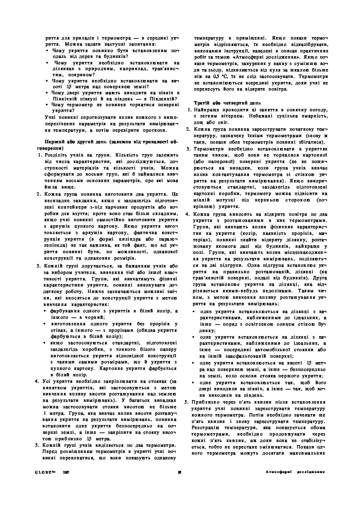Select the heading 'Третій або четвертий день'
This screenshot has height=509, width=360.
(224, 103)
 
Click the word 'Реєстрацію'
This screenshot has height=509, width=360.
(205, 427)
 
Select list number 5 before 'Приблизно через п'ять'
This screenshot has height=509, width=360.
(187, 401)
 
